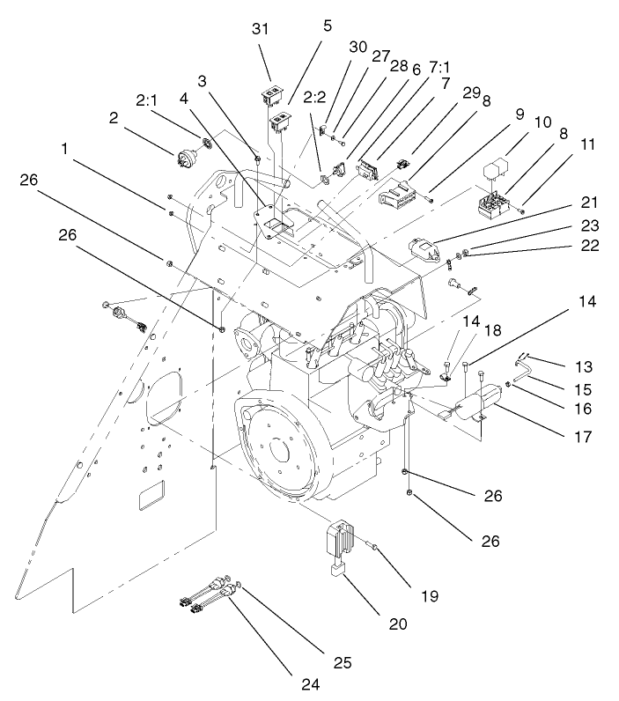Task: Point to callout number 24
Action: coord(307,681)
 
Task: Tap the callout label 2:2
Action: coord(314,96)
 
